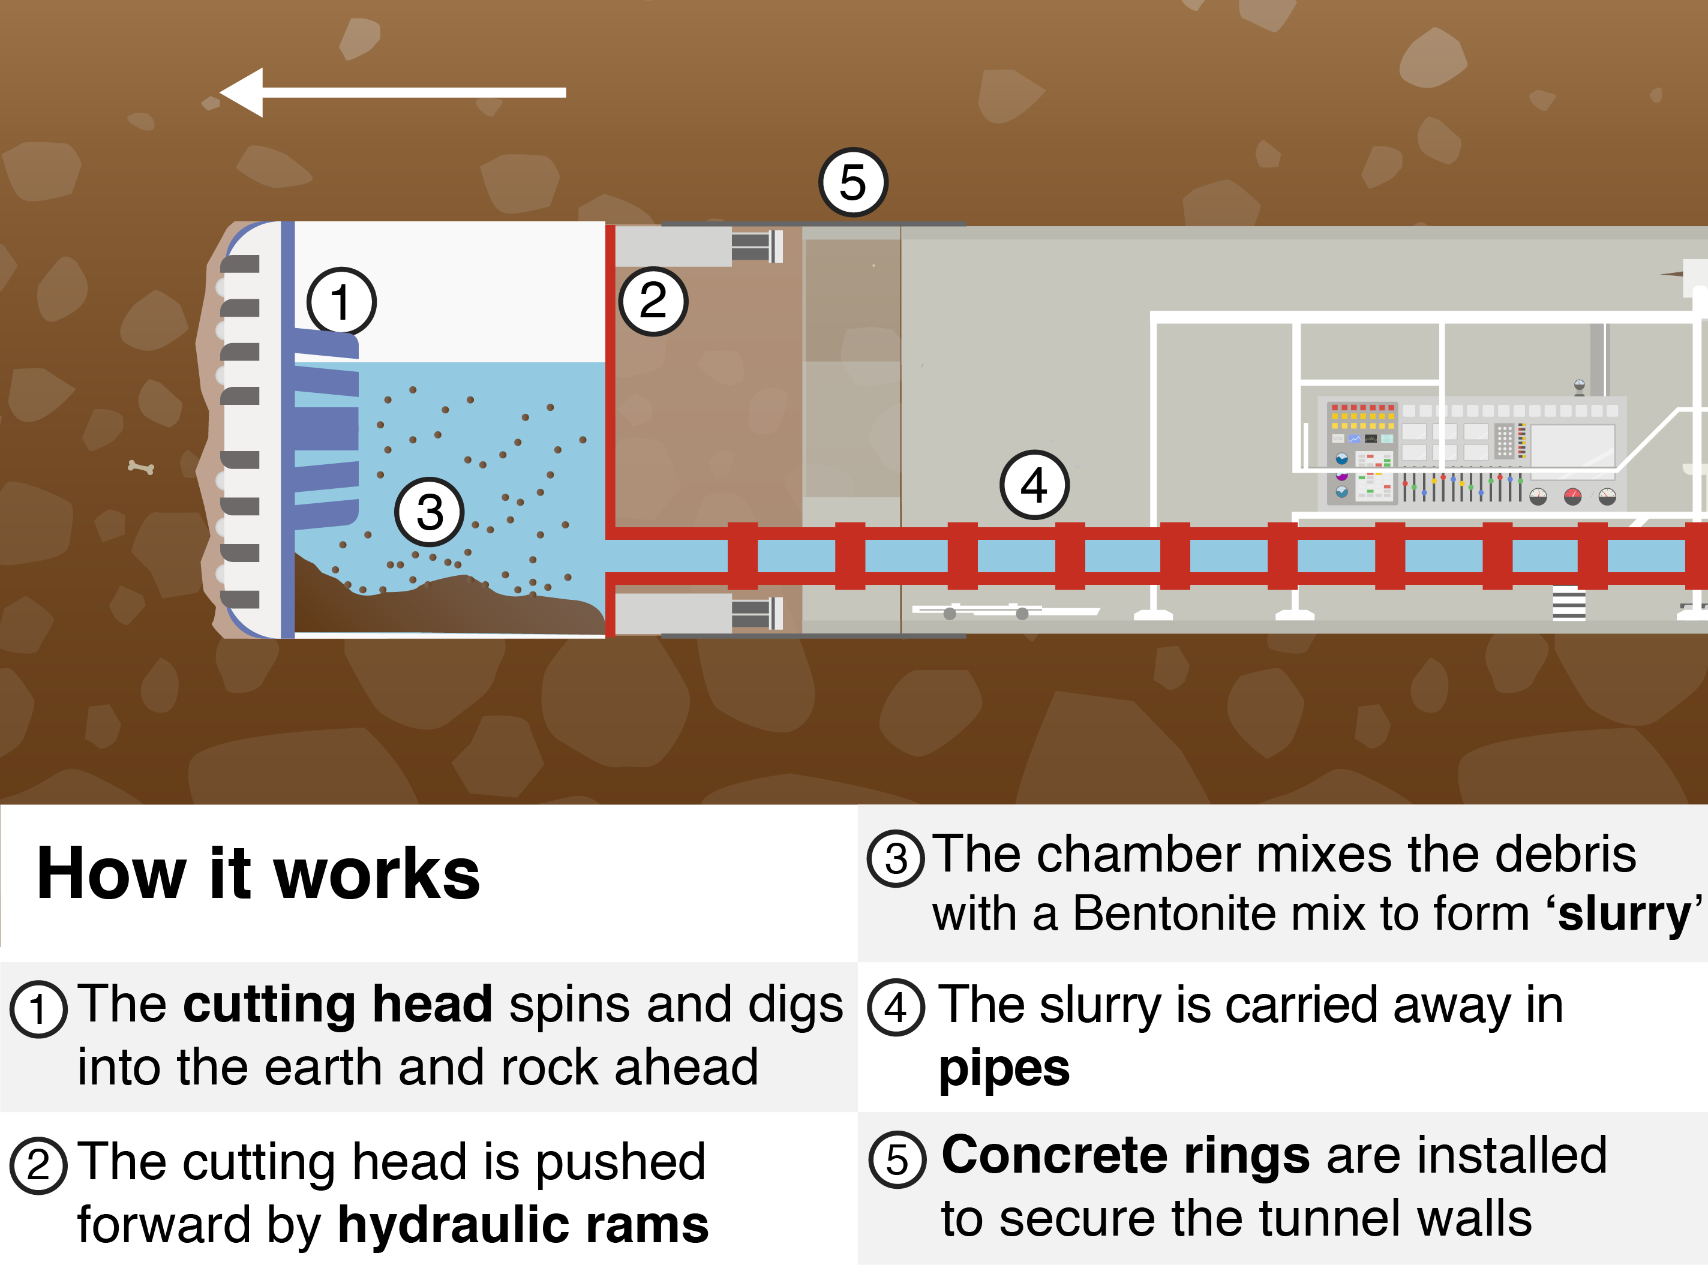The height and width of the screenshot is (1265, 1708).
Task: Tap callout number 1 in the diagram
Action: coord(341,301)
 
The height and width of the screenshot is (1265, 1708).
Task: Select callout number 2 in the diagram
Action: coord(653,301)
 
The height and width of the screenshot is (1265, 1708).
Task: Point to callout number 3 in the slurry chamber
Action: coord(429,512)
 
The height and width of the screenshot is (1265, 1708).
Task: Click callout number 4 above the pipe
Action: coord(1034,485)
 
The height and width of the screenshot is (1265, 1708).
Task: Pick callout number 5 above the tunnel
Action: coord(853,182)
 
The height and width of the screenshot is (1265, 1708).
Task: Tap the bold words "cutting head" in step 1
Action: coord(337,1004)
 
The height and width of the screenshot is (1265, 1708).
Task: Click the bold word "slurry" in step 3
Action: coord(1624,914)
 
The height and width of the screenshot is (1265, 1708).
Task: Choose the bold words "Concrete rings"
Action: coord(1125,1155)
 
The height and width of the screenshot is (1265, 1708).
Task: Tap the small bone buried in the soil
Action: coord(141,467)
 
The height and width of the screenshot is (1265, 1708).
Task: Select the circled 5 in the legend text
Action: coord(897,1159)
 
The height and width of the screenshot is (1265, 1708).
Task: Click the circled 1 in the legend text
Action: coord(38,1008)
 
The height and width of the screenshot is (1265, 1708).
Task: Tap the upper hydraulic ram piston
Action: coord(755,247)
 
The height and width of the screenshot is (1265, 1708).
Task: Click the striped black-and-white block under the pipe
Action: coord(1569,603)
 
